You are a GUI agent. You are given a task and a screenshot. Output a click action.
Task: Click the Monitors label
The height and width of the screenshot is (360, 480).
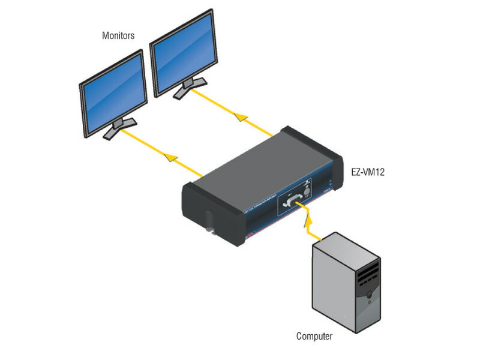118,36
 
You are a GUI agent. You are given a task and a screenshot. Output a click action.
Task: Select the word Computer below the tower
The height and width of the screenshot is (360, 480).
314,336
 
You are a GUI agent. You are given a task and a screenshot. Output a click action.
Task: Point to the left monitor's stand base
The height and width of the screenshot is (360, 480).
119,128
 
